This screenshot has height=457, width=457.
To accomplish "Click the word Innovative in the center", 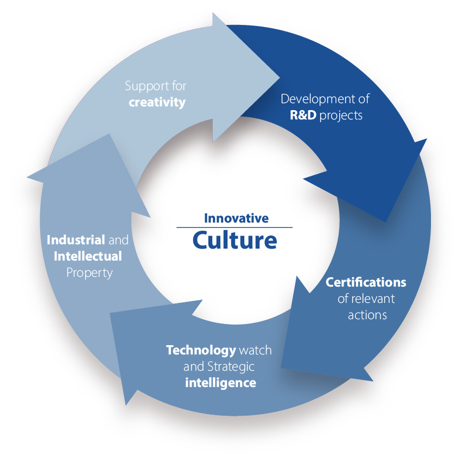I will [x=236, y=218].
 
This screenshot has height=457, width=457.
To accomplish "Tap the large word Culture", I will [x=234, y=240].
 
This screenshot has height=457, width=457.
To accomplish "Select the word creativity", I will [x=157, y=101].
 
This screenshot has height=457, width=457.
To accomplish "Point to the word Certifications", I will [x=366, y=282].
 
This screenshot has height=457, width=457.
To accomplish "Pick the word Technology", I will [x=201, y=350].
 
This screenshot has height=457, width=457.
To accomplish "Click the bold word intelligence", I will [x=220, y=382].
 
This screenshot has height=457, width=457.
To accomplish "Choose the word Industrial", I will [x=75, y=239].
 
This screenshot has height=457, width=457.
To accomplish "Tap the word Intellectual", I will [x=87, y=255].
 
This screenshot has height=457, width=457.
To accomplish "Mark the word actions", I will [x=367, y=314].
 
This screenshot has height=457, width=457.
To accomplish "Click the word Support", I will [x=143, y=86].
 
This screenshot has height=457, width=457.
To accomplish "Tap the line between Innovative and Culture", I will [x=234, y=227].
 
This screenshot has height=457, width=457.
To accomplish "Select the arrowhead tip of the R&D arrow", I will [x=384, y=221].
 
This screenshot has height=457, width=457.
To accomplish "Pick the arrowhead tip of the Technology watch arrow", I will [x=126, y=404].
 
